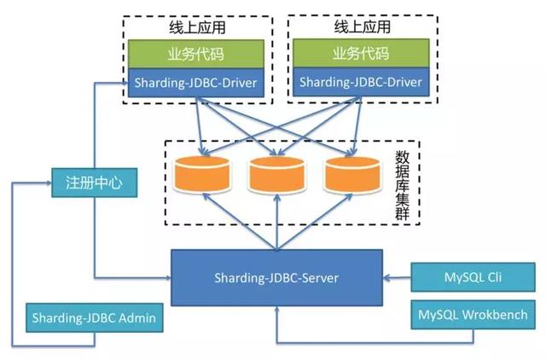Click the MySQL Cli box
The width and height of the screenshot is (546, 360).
(473, 278)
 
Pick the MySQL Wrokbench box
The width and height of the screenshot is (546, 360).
(473, 315)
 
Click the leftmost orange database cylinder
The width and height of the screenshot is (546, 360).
(201, 174)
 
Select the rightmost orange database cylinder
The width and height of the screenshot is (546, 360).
(351, 174)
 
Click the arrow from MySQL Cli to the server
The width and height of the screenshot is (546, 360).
(397, 277)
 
